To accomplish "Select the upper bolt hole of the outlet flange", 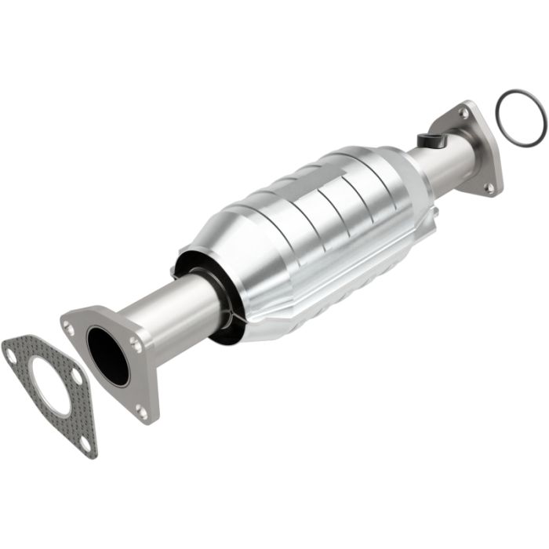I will (x=464, y=115).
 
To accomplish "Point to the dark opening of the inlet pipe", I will (x=107, y=355).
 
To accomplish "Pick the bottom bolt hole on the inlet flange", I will (x=141, y=409).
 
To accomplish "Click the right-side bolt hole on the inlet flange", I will (x=136, y=344).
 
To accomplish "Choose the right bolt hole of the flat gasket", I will (x=77, y=377).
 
